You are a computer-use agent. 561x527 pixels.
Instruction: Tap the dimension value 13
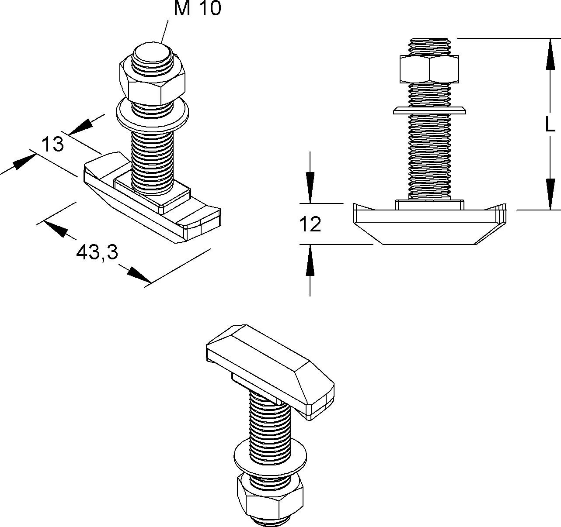53,144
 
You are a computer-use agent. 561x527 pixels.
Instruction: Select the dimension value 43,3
97,252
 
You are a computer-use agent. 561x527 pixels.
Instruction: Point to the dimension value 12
310,224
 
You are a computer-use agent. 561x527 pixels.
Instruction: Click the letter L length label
550,125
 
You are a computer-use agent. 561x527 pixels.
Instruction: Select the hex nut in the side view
430,69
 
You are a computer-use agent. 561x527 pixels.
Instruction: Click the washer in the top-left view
153,115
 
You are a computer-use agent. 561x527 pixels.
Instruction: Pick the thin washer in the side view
430,110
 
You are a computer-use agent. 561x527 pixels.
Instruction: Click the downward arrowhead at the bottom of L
550,194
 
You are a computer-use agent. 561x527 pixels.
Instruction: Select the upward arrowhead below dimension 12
310,262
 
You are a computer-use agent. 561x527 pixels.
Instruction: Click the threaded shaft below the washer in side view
430,157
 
